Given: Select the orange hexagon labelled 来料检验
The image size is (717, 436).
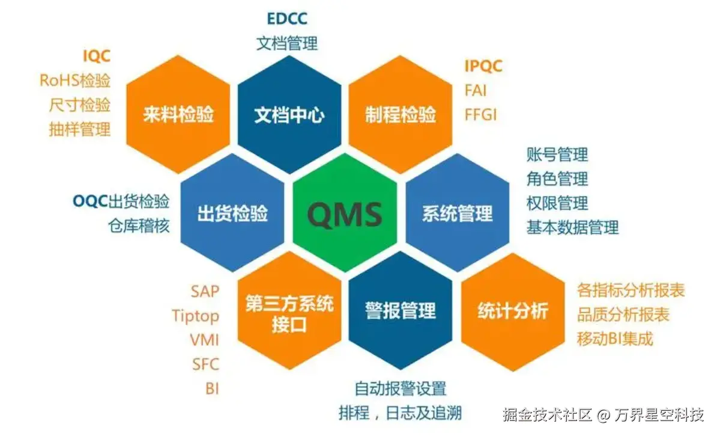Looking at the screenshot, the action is (178, 114).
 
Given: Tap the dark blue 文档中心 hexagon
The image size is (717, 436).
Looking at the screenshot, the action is (289, 114).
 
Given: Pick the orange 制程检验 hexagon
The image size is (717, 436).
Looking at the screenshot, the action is (401, 114).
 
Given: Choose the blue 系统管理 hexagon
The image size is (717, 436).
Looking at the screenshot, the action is (458, 213).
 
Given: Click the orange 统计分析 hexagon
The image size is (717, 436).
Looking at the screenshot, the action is (513, 311).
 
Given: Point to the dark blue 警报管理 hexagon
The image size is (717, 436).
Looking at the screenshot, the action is (401, 311).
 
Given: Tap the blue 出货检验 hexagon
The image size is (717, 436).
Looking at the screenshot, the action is (232, 213).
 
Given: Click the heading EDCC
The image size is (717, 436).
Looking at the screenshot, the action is (287, 19).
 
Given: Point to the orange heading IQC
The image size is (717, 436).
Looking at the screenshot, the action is (97, 57).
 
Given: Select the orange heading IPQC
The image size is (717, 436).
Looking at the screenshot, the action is (483, 66).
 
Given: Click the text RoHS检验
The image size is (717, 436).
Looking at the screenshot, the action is (75, 80).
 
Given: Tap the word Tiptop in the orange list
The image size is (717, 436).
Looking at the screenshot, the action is (195, 316).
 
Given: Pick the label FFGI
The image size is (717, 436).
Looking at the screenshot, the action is (481, 114).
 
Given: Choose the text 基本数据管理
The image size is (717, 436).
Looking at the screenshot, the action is (572, 227).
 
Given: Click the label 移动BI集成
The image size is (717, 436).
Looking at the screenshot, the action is (615, 338).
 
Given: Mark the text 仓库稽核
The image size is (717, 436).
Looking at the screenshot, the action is (139, 225).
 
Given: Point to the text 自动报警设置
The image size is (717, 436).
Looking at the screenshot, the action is (400, 388).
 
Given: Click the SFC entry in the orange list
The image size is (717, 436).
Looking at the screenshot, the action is (205, 364).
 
